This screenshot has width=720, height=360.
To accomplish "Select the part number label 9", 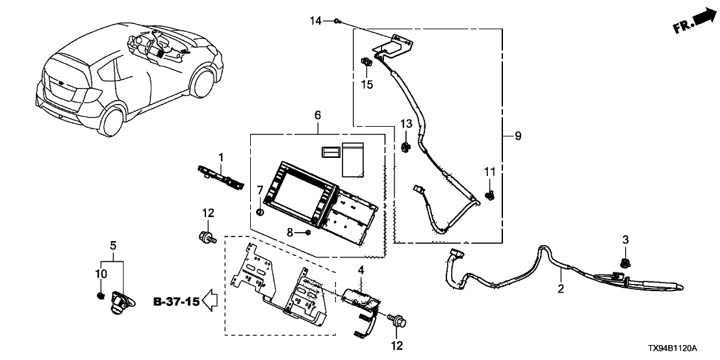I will point(518,136).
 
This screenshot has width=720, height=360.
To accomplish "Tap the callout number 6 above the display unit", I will point(318,115).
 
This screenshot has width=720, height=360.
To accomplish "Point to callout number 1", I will point(221,157).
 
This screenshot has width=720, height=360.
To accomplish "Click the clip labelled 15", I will point(366,63).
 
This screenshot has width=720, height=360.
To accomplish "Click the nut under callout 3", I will point(625,263).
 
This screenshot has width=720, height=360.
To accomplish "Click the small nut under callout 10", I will point(100,296).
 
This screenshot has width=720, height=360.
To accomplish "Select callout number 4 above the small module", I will point(360,270).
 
